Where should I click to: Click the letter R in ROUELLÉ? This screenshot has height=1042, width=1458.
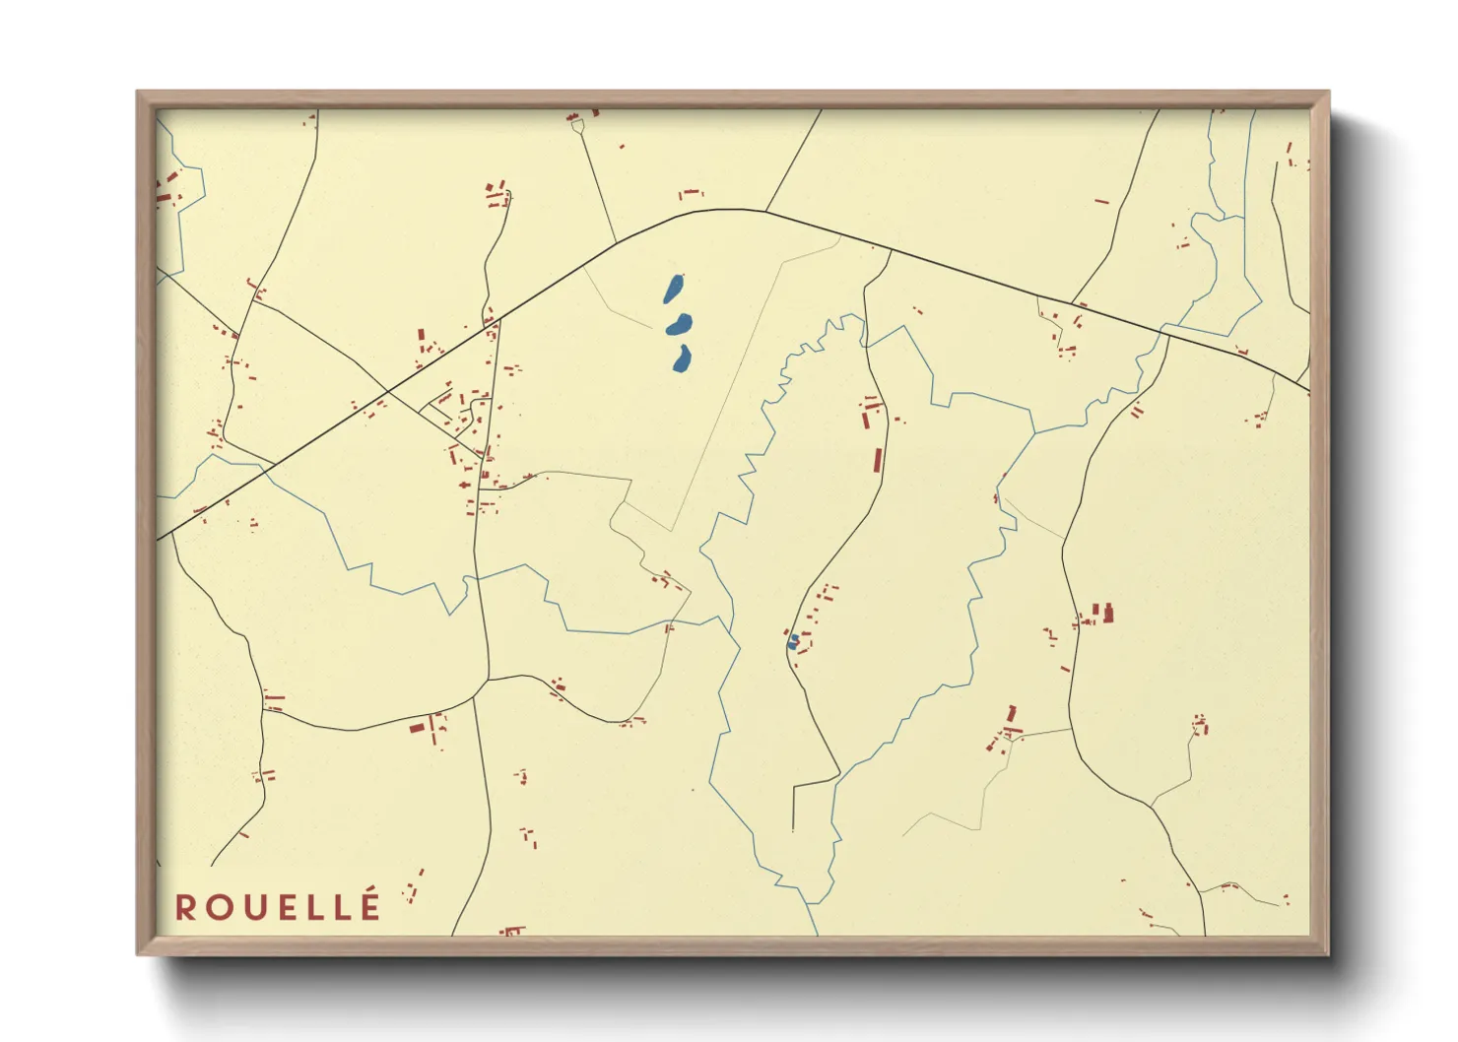186,907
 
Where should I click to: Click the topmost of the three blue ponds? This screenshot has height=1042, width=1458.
674,289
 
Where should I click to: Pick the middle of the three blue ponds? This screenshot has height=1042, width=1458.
680,324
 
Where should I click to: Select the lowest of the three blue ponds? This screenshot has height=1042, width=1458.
682,359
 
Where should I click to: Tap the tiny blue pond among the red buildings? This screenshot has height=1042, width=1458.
793,642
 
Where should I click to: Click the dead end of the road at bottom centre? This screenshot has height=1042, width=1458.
793,829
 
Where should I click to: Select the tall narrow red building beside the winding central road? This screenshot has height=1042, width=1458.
878,460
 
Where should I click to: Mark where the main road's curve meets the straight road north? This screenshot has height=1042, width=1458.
766,211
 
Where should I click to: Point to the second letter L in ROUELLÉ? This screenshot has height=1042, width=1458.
338,907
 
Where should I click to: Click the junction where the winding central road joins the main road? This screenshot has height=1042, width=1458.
891,249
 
